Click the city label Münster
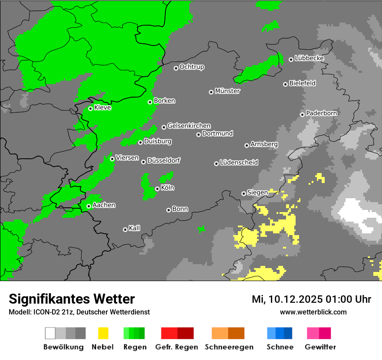pyautogui.click(x=227, y=91)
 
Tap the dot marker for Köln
pyautogui.click(x=157, y=189)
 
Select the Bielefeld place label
pyautogui.click(x=303, y=83)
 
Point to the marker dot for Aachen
pyautogui.click(x=89, y=206)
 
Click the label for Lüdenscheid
pyautogui.click(x=239, y=163)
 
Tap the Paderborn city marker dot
pyautogui.click(x=302, y=115)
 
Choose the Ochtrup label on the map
pyautogui.click(x=192, y=67)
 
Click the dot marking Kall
pyautogui.click(x=125, y=229)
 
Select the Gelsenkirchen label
pyautogui.click(x=189, y=126)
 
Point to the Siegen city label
pyautogui.click(x=257, y=193)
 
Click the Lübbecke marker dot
pyautogui.click(x=291, y=59)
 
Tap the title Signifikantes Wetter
pyautogui.click(x=72, y=299)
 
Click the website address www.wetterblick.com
pyautogui.click(x=313, y=312)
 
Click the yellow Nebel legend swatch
pyautogui.click(x=103, y=333)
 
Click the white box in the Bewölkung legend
pyautogui.click(x=50, y=333)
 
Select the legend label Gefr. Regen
pyautogui.click(x=176, y=347)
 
